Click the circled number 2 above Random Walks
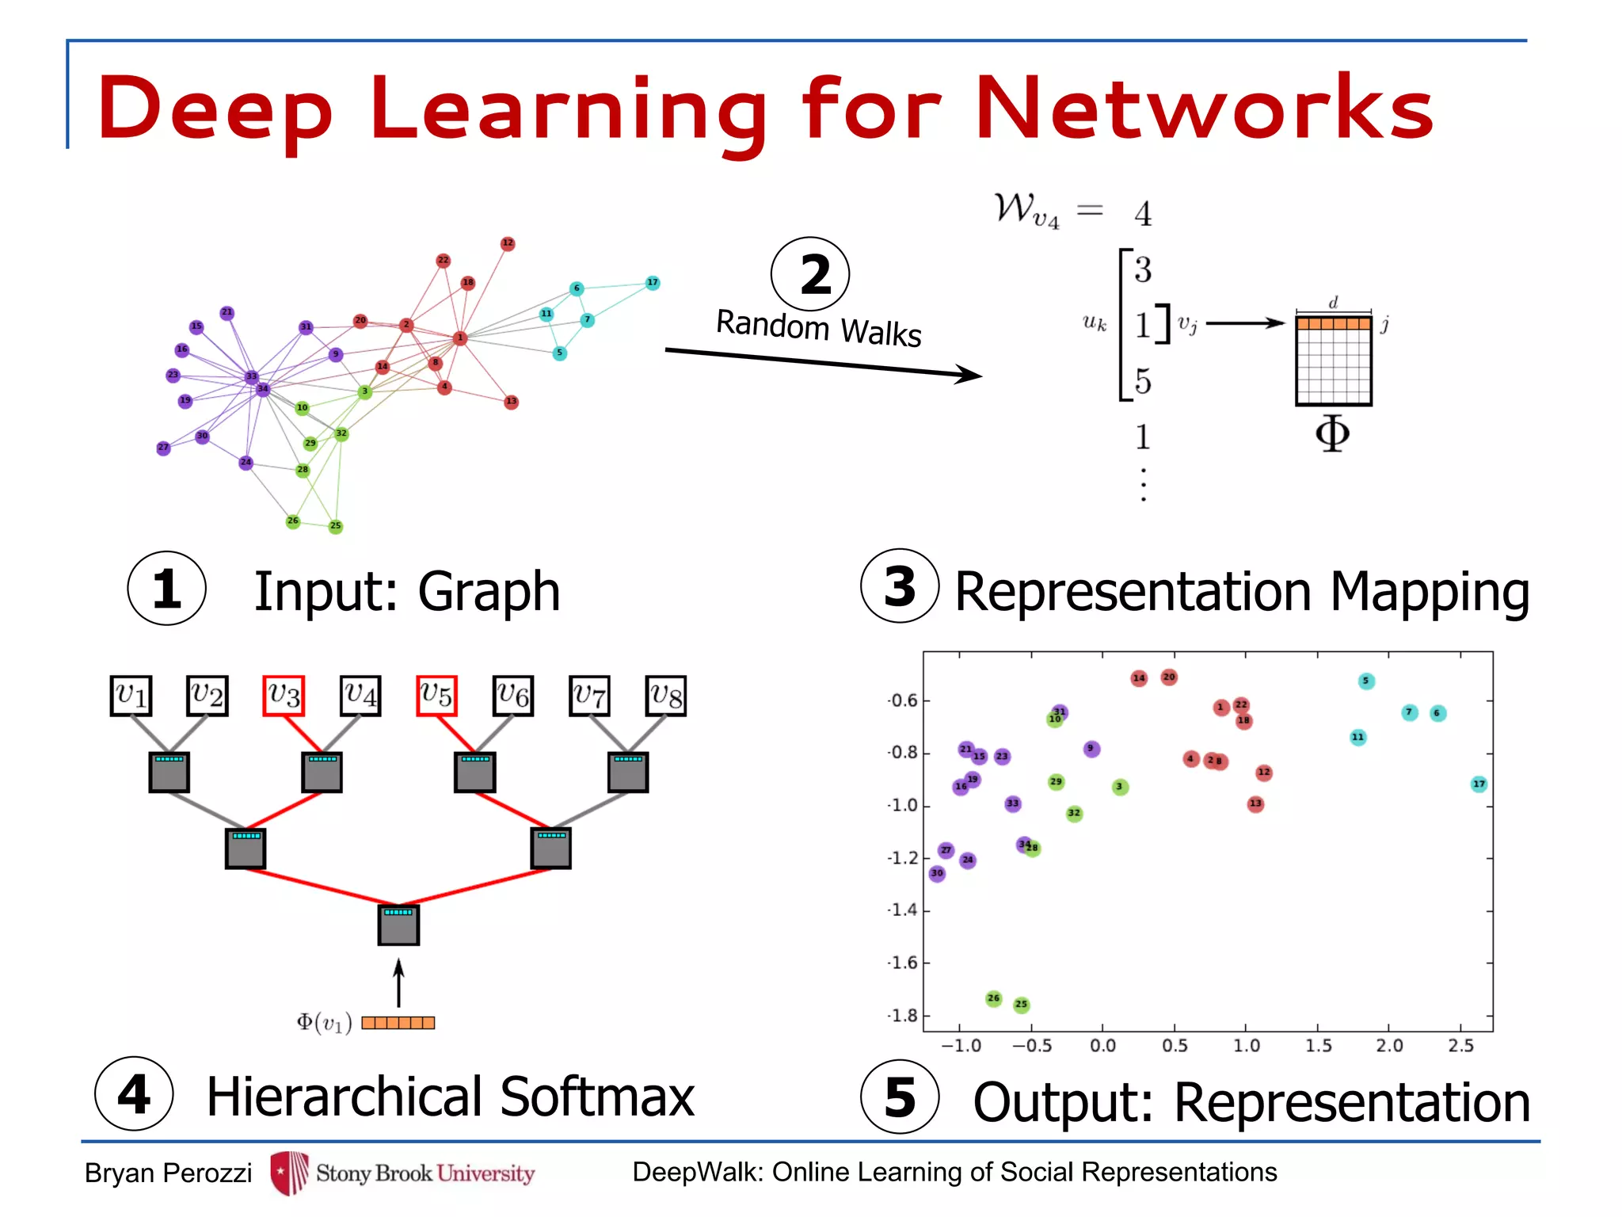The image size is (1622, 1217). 810,274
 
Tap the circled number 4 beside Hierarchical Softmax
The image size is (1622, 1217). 134,1094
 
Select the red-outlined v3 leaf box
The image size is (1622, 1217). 284,696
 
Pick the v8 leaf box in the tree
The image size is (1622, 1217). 666,696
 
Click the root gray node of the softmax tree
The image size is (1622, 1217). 398,925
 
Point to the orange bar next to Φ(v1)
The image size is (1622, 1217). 398,1023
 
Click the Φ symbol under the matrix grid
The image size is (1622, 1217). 1332,433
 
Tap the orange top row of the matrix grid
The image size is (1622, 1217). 1334,323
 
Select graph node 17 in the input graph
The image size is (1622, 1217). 653,283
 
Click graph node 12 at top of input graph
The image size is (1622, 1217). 508,243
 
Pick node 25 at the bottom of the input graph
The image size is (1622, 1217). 336,526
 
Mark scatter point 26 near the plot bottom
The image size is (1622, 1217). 994,998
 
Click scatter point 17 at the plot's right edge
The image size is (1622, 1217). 1479,784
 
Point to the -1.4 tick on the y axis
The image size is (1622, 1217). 903,910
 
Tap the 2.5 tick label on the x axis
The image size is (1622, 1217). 1461,1046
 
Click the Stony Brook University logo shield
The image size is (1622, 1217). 289,1173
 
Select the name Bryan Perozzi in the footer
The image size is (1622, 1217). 168,1173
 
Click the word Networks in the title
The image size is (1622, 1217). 1205,109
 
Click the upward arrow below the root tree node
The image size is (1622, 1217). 398,982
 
